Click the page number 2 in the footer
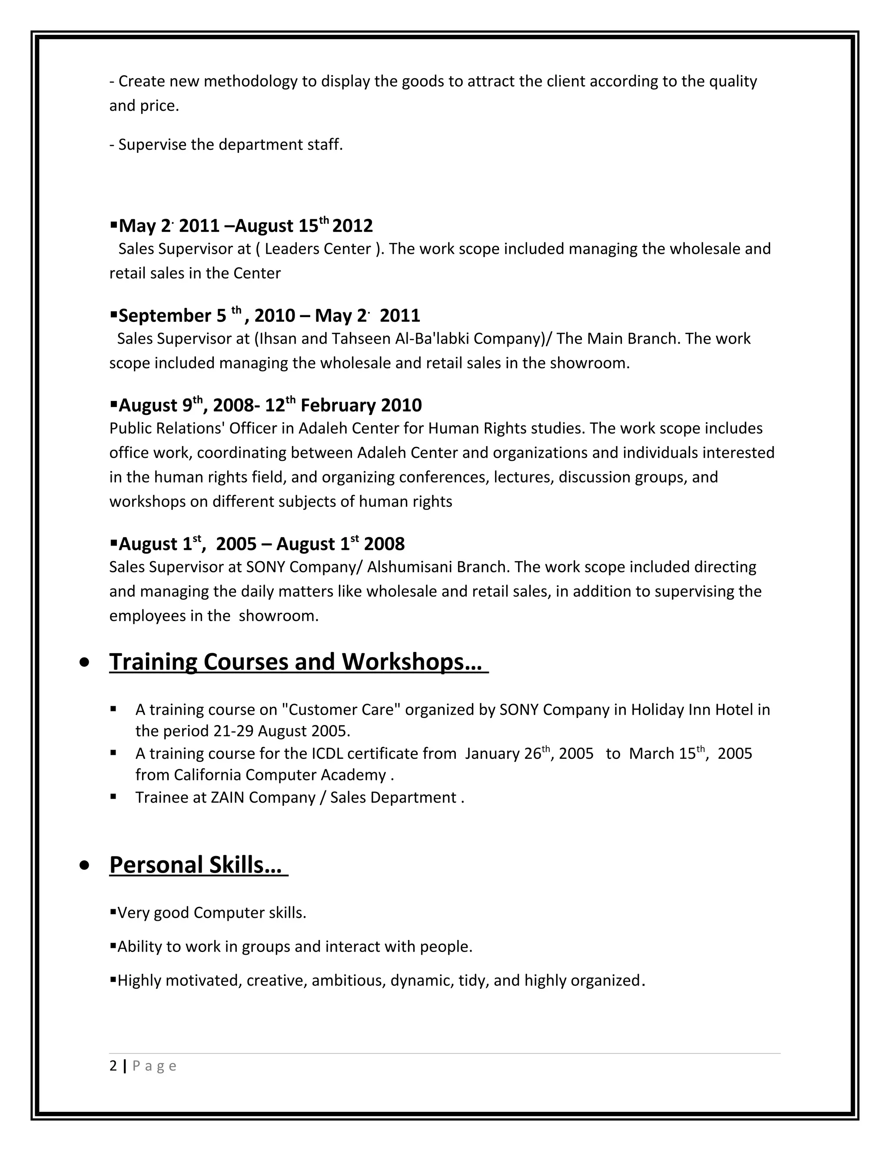pos(113,1065)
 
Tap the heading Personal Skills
pos(195,865)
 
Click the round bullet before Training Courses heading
pos(84,663)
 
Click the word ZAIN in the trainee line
pos(227,797)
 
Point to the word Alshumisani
pos(409,567)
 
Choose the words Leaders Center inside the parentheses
pos(317,249)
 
